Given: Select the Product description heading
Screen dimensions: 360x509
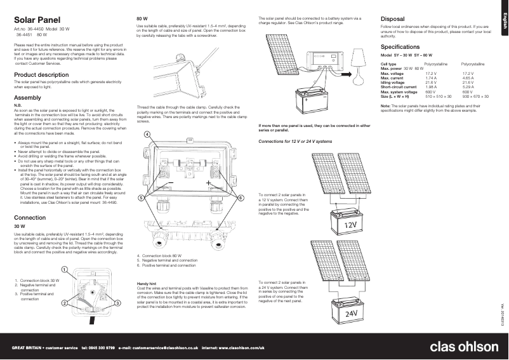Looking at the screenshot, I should pos(41,75).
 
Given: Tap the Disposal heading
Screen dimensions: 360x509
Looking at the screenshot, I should pos(396,18).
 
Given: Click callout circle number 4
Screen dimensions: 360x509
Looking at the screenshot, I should pos(147,135).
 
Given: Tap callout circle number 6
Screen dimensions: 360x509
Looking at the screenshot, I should pos(241,198).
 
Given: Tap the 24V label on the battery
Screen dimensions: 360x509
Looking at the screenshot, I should pos(351,314).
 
